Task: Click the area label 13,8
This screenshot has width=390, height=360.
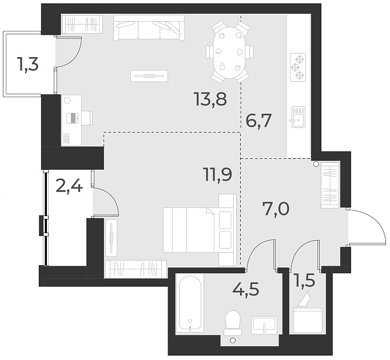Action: tap(210, 100)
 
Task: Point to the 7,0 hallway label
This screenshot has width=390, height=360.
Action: tap(276, 209)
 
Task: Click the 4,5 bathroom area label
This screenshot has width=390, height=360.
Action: tap(246, 289)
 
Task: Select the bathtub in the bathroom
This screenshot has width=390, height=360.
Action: tap(190, 303)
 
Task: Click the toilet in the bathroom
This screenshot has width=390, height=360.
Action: tap(233, 323)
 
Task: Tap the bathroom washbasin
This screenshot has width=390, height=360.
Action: tap(264, 325)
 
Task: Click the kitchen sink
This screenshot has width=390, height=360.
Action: tap(297, 118)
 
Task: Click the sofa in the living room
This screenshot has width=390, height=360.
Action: tap(149, 28)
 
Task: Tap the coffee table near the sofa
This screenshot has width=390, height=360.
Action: tap(149, 76)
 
